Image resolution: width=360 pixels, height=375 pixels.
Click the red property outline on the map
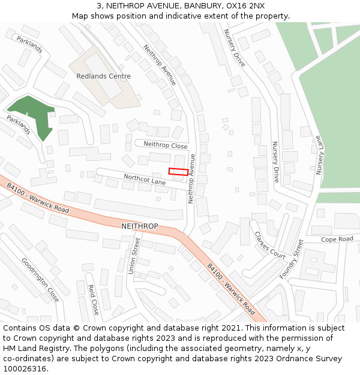coord(178,172)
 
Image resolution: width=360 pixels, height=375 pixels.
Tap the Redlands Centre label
coord(103,76)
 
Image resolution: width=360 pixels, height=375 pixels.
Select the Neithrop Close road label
coord(166,145)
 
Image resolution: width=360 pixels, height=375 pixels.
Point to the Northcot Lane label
coord(145,179)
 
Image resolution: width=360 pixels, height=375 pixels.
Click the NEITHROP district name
coord(139,226)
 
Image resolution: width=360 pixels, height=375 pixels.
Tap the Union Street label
coord(134,256)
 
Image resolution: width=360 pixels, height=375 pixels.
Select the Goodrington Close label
coord(41,280)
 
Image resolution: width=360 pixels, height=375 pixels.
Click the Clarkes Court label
coord(270,245)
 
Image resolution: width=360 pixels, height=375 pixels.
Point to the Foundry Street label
coord(292,259)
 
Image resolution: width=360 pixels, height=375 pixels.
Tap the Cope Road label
coord(337,239)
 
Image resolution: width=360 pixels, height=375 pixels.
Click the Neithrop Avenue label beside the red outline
coord(192,179)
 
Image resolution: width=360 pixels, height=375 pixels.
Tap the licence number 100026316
coord(25,369)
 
